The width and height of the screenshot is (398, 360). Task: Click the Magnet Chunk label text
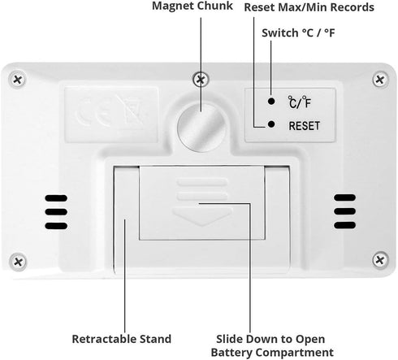tap(193, 6)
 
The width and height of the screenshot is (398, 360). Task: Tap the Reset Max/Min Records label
tap(309, 7)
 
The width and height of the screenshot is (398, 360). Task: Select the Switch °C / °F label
tap(298, 33)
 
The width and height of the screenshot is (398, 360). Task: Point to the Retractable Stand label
tap(122, 339)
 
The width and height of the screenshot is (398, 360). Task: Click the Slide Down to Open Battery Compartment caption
tap(272, 345)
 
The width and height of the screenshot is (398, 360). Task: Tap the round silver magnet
tap(201, 128)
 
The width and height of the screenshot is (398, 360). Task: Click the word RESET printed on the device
tap(305, 126)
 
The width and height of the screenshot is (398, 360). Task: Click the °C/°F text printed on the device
tap(299, 102)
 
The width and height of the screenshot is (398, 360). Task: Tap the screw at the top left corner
tap(18, 80)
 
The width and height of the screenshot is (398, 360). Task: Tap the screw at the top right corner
tap(380, 80)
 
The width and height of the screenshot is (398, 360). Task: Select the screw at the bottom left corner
tap(18, 262)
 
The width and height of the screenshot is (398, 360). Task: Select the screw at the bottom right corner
tap(380, 260)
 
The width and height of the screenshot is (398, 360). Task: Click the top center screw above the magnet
tap(201, 80)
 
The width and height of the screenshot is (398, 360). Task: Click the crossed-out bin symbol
tap(130, 110)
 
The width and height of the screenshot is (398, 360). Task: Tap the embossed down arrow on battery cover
tap(202, 216)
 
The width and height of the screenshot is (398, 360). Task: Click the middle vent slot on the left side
tap(56, 211)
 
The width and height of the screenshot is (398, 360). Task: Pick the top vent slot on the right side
tap(344, 197)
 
